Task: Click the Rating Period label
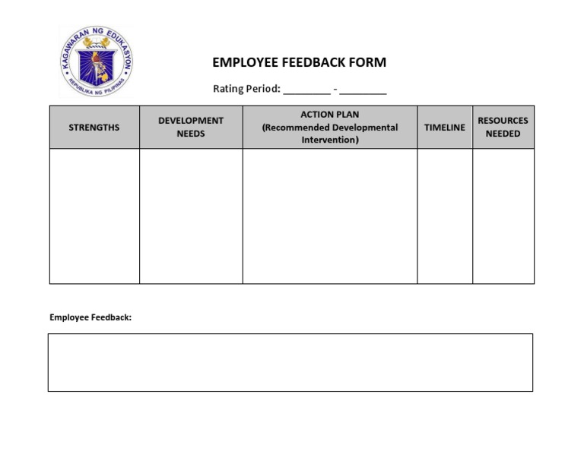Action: pos(246,89)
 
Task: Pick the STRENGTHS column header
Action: pos(94,128)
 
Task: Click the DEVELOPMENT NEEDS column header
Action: pos(191,128)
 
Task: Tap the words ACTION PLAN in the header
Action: pos(330,115)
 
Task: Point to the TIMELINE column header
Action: pos(445,128)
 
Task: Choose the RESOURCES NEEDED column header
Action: pos(503,128)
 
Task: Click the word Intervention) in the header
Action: pos(330,140)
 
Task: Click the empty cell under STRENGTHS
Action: pos(94,216)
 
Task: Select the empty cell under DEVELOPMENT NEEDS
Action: pos(191,216)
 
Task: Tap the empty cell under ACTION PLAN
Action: pos(330,216)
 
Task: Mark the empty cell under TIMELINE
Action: pos(445,216)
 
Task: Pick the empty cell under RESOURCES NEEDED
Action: pos(503,216)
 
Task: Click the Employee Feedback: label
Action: pos(90,317)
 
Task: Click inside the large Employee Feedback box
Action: pos(290,362)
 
